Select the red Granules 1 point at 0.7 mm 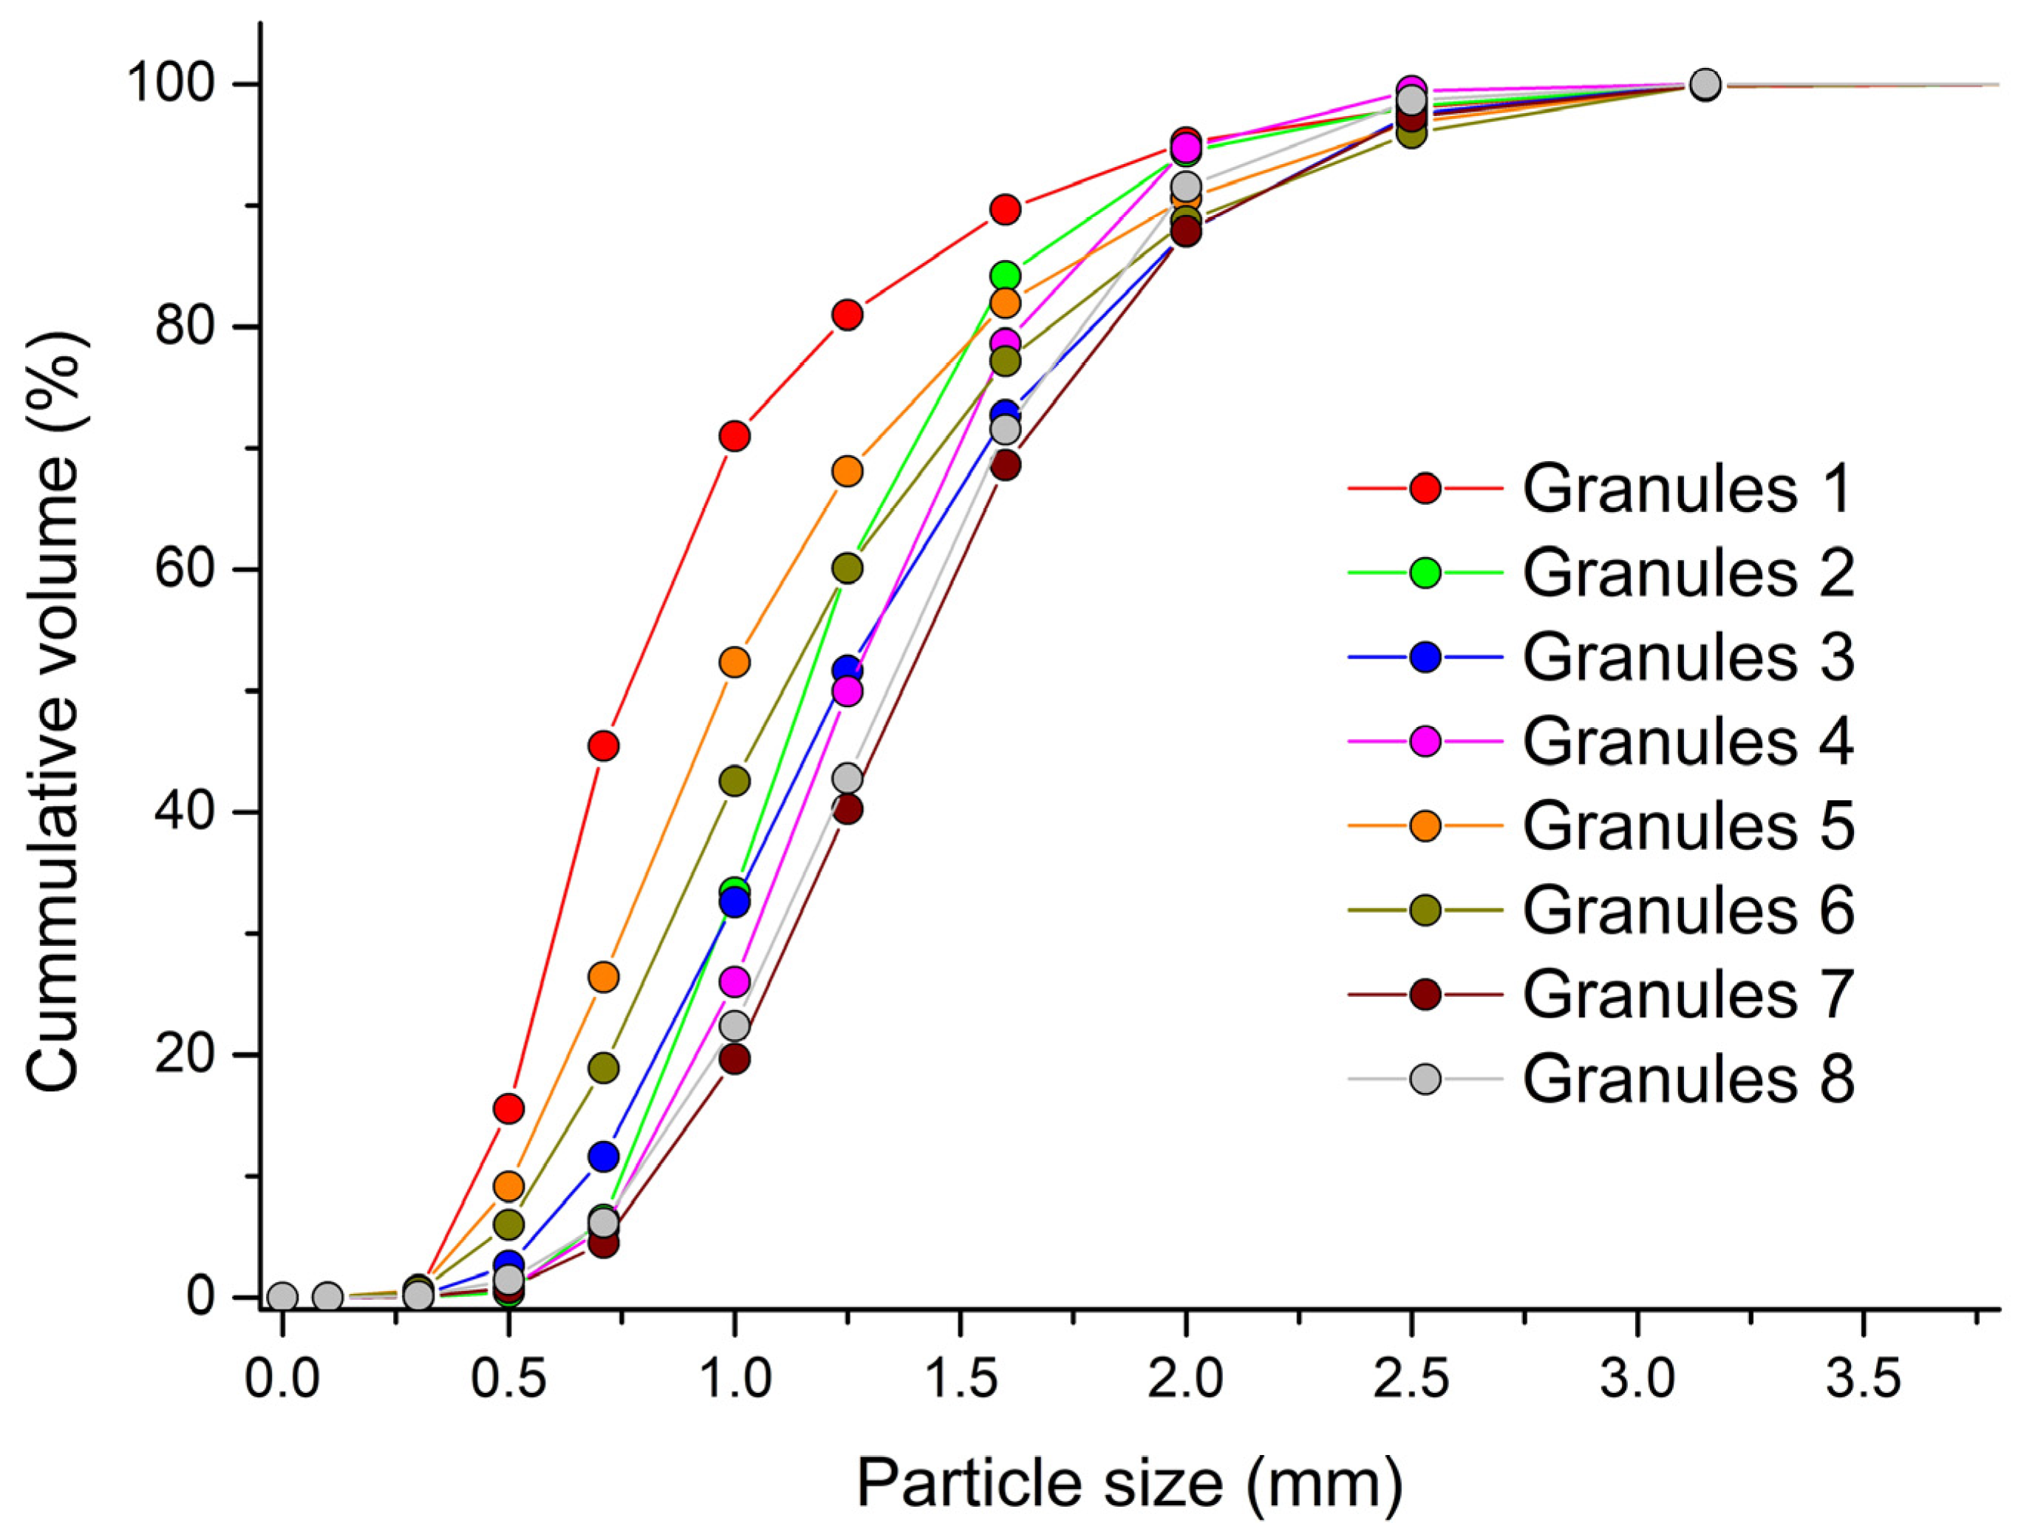[x=603, y=746]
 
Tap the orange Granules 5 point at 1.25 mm [x=847, y=471]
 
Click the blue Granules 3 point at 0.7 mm [x=603, y=1156]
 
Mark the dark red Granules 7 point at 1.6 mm [x=1006, y=466]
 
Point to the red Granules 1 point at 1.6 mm [x=1006, y=210]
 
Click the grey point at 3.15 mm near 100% [x=1705, y=84]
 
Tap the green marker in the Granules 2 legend [x=1425, y=573]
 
